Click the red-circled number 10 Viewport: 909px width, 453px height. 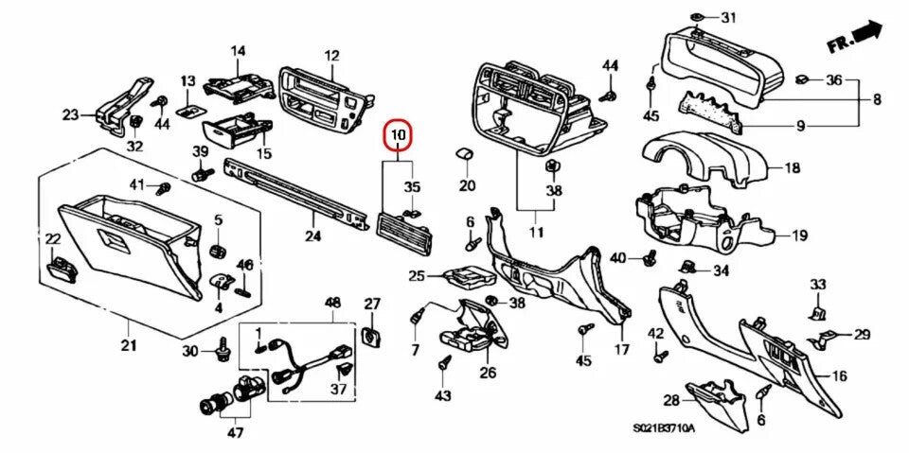398,137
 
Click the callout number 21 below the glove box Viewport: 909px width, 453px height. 128,344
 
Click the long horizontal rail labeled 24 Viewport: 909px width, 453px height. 294,193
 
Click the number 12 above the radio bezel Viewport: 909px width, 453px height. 331,55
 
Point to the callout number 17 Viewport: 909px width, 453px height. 621,350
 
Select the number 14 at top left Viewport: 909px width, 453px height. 237,50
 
